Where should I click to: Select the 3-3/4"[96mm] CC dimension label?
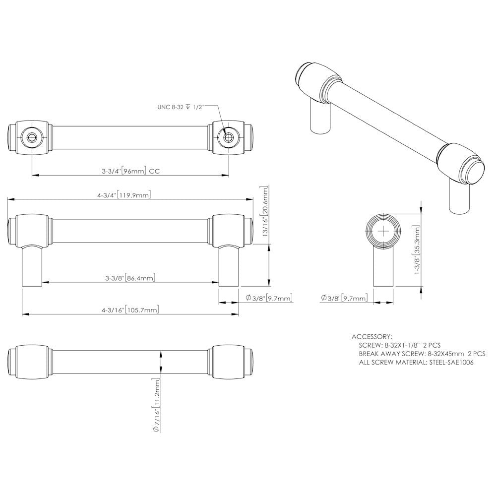click(x=127, y=171)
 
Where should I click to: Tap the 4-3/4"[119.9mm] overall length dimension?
click(x=124, y=195)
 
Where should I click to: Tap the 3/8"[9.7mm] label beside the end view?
click(x=344, y=298)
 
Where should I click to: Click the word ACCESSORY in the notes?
click(x=372, y=336)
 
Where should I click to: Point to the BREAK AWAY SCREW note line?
click(x=422, y=354)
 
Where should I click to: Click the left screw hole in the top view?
click(x=32, y=136)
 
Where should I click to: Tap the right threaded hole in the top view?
click(x=229, y=136)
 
